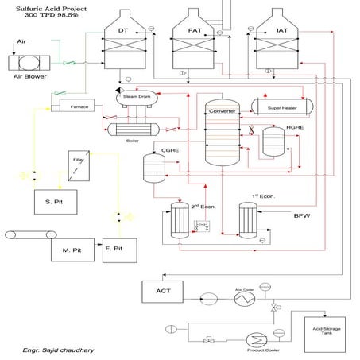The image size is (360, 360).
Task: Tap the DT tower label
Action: (123, 30)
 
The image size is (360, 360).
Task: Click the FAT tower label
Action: (194, 30)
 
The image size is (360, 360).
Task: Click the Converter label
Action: (223, 110)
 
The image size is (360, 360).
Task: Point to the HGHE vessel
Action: (274, 141)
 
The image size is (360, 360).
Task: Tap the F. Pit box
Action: (114, 249)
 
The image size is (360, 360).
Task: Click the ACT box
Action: (161, 292)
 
